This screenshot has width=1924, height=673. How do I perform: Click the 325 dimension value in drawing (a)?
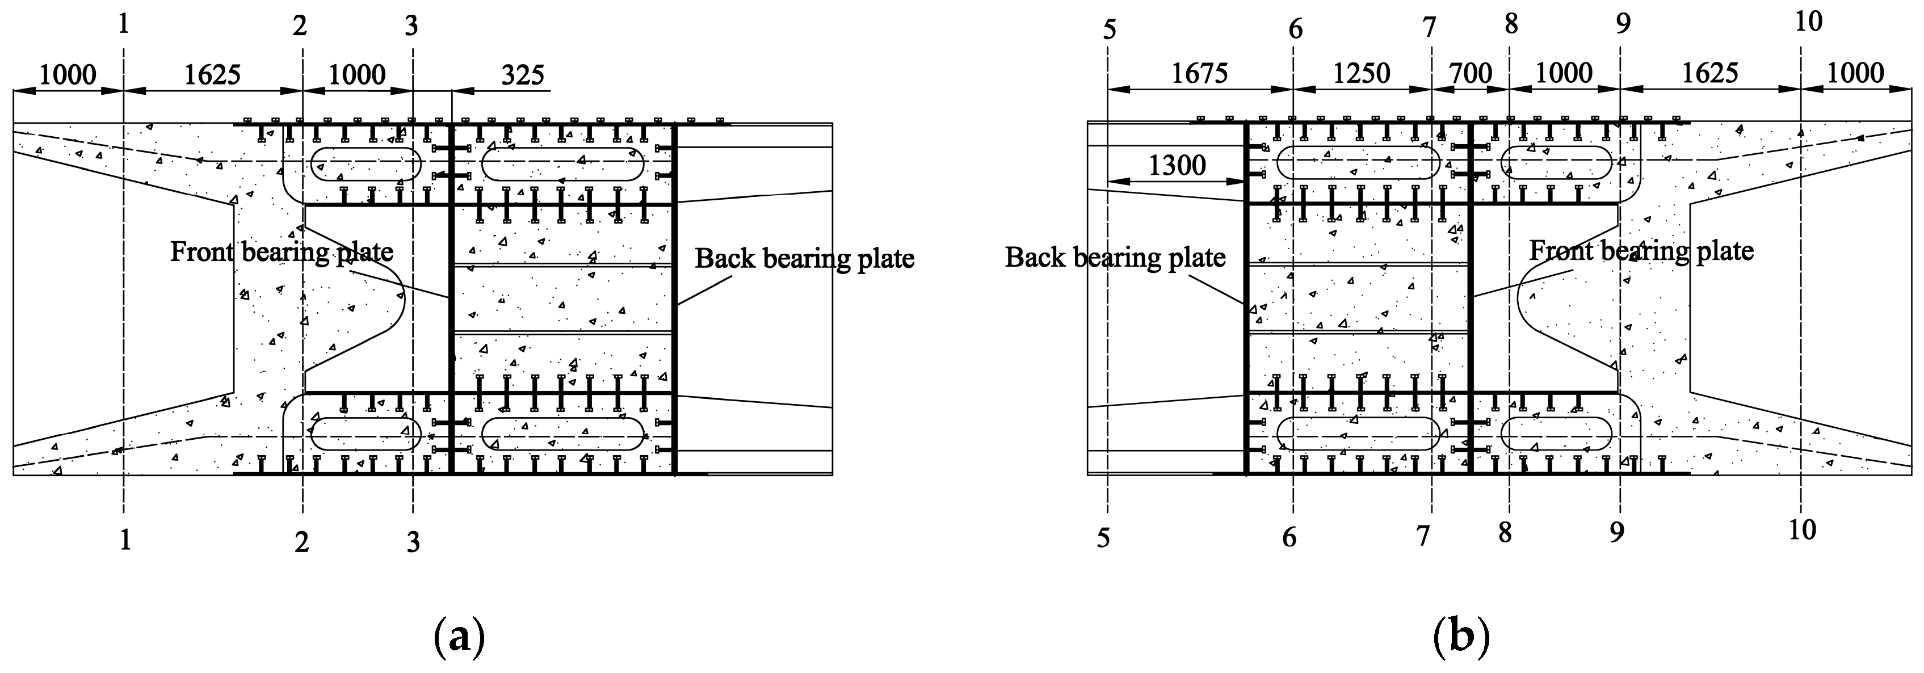click(522, 75)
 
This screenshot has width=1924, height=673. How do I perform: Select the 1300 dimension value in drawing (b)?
click(1177, 165)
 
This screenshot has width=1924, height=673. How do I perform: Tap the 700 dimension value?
click(1470, 74)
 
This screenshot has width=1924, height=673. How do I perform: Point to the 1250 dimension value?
click(1361, 73)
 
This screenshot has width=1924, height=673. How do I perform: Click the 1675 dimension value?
click(1199, 73)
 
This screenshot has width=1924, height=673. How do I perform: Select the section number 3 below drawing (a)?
click(413, 542)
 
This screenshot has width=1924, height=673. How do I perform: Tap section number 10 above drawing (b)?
click(1808, 22)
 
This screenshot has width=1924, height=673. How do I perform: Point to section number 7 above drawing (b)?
click(1428, 28)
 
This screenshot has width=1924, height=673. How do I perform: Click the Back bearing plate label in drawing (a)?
click(804, 258)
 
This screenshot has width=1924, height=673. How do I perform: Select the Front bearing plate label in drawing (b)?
click(1641, 250)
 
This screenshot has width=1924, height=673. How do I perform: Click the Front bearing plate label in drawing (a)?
click(282, 252)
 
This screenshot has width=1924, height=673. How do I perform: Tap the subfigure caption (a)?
click(459, 637)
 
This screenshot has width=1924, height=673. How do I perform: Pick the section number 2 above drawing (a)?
click(300, 26)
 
